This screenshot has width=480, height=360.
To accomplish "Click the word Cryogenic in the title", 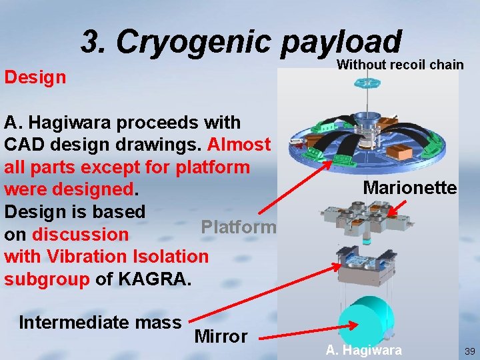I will coord(194,42).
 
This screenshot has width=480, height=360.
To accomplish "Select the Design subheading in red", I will coord(35,77).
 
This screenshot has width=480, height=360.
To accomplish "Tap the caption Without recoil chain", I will coord(400,65).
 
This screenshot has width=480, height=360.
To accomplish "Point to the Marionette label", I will coord(410,188).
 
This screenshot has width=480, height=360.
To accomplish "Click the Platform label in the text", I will coord(238,227).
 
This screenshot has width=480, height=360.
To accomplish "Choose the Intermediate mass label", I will coord(100,323).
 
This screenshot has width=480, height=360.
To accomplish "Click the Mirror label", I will coord(221,337).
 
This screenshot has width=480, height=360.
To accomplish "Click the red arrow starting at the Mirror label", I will coord(307,335).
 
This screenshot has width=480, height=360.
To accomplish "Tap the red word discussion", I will coord(80,235).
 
